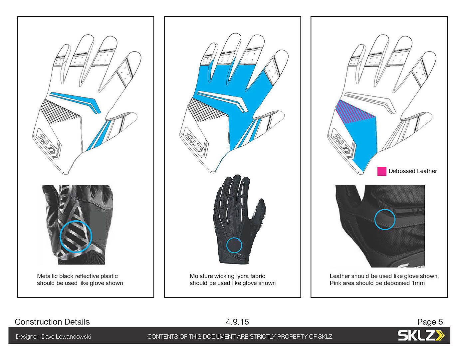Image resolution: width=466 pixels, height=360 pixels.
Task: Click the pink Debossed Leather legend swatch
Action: tap(381, 171)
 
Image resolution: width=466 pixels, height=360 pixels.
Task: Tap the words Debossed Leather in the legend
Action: tap(412, 171)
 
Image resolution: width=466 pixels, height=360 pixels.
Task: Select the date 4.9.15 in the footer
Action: tap(237, 322)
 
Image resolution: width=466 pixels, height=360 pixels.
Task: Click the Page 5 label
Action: tap(430, 322)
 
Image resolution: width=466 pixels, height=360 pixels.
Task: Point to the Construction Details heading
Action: tap(52, 322)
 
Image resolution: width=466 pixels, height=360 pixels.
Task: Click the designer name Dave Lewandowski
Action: tap(66, 337)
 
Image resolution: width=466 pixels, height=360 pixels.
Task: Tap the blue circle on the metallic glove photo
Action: tap(76, 236)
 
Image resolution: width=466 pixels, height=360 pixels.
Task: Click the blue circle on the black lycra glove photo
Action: tap(234, 245)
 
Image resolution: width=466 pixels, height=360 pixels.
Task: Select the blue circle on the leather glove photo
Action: tap(385, 219)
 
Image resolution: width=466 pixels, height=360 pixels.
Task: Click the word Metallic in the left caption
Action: tap(47, 276)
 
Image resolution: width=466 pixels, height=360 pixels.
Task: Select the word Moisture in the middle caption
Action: tap(201, 276)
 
